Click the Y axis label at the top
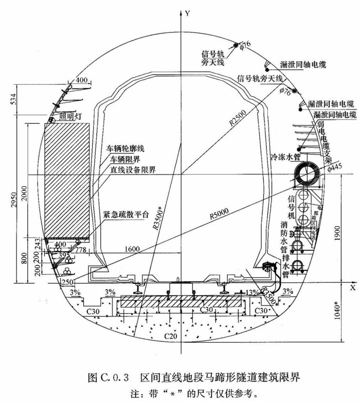pos(188,14)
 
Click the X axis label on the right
pos(353,286)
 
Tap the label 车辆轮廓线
pos(127,148)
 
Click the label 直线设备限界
pos(133,169)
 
